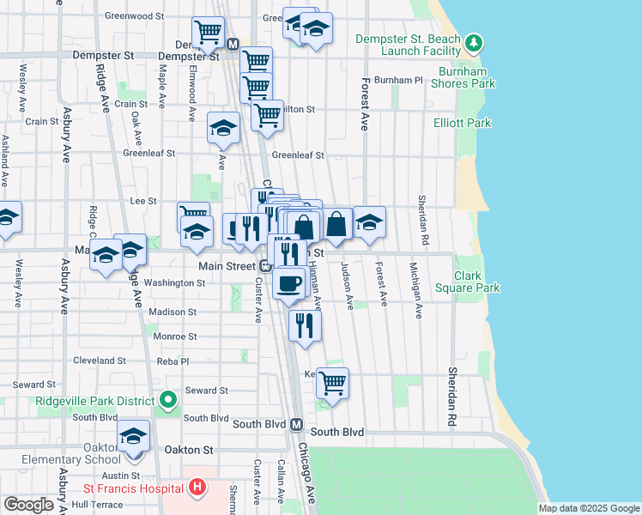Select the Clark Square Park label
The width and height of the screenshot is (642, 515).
point(466,282)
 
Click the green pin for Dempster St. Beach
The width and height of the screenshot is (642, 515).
point(472,42)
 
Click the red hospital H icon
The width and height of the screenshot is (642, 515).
point(198,488)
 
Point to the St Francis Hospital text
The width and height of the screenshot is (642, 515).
point(134,488)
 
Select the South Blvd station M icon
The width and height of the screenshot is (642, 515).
point(296,425)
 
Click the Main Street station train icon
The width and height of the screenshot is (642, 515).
point(266,266)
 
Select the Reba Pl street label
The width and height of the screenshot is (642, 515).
point(173,361)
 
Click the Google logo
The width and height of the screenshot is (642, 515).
point(28,505)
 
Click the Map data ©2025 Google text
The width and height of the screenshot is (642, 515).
point(588,508)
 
